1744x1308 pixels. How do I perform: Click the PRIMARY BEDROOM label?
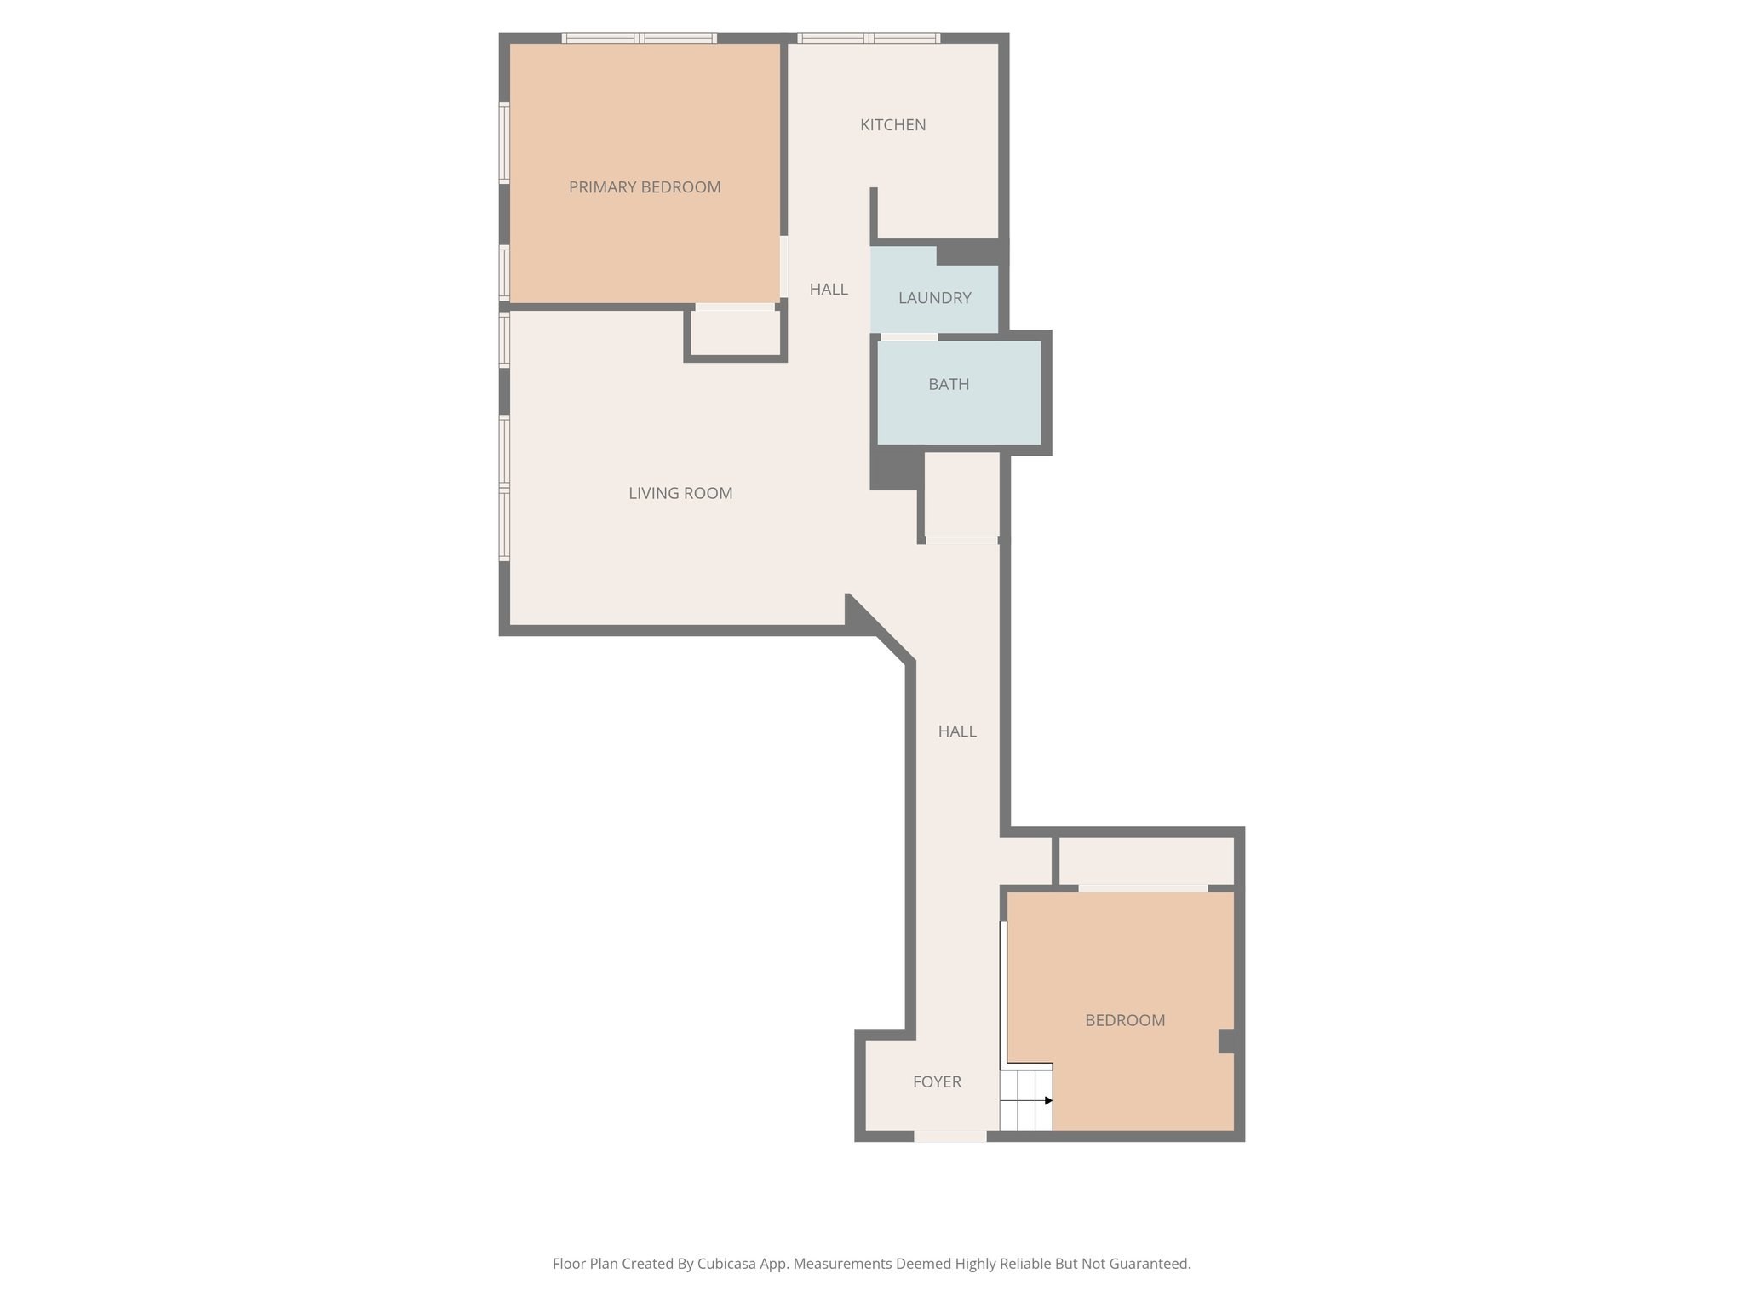click(x=645, y=187)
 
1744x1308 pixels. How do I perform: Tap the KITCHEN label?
click(x=892, y=125)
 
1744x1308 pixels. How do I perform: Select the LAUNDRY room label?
click(x=934, y=298)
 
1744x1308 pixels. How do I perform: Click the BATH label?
click(x=949, y=384)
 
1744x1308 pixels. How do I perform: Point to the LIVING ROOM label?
click(x=680, y=493)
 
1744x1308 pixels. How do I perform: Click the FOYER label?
click(x=937, y=1081)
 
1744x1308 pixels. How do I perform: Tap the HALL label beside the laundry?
click(x=829, y=290)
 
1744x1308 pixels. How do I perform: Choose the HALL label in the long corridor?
click(x=957, y=731)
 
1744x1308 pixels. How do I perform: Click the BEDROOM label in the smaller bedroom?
click(x=1124, y=1020)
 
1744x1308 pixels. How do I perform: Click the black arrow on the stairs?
click(x=1048, y=1100)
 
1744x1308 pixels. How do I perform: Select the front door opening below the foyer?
click(x=949, y=1136)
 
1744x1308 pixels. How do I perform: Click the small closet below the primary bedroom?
click(x=736, y=333)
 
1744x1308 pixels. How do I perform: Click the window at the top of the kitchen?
click(x=869, y=38)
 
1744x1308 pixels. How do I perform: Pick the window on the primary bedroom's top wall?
click(x=639, y=38)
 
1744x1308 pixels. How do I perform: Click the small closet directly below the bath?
click(x=961, y=494)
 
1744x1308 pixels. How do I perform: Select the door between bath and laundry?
click(x=909, y=337)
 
